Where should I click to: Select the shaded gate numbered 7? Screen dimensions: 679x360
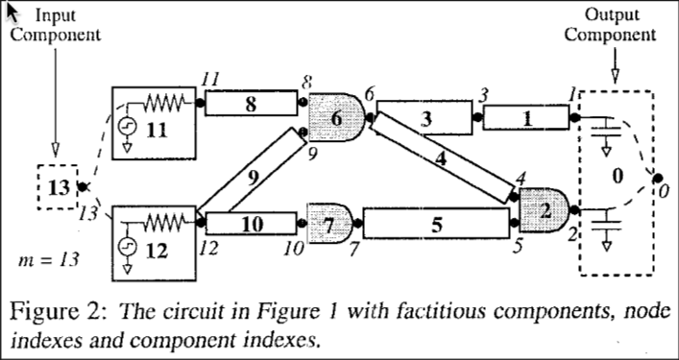pyautogui.click(x=330, y=224)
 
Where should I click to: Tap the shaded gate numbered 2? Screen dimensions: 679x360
pyautogui.click(x=544, y=210)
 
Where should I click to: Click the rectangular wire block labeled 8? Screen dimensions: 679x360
pyautogui.click(x=252, y=103)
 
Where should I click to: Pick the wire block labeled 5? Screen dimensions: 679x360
pyautogui.click(x=436, y=224)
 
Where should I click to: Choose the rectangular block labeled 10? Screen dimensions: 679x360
pyautogui.click(x=252, y=224)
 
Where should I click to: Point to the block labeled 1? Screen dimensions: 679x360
pyautogui.click(x=526, y=118)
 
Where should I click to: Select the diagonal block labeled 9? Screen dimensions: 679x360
pyautogui.click(x=252, y=173)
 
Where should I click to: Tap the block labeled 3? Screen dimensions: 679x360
pyautogui.click(x=425, y=118)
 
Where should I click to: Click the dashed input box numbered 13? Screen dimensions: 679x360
pyautogui.click(x=58, y=187)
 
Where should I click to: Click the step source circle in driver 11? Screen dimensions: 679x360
pyautogui.click(x=128, y=127)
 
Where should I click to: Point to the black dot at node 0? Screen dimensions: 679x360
pyautogui.click(x=658, y=178)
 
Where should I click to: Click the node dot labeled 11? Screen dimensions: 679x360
pyautogui.click(x=200, y=103)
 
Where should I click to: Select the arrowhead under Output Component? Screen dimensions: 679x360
pyautogui.click(x=615, y=76)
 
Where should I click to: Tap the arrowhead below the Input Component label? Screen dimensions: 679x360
pyautogui.click(x=55, y=150)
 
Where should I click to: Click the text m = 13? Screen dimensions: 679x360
pyautogui.click(x=48, y=259)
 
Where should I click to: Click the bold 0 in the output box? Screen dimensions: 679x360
pyautogui.click(x=618, y=177)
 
